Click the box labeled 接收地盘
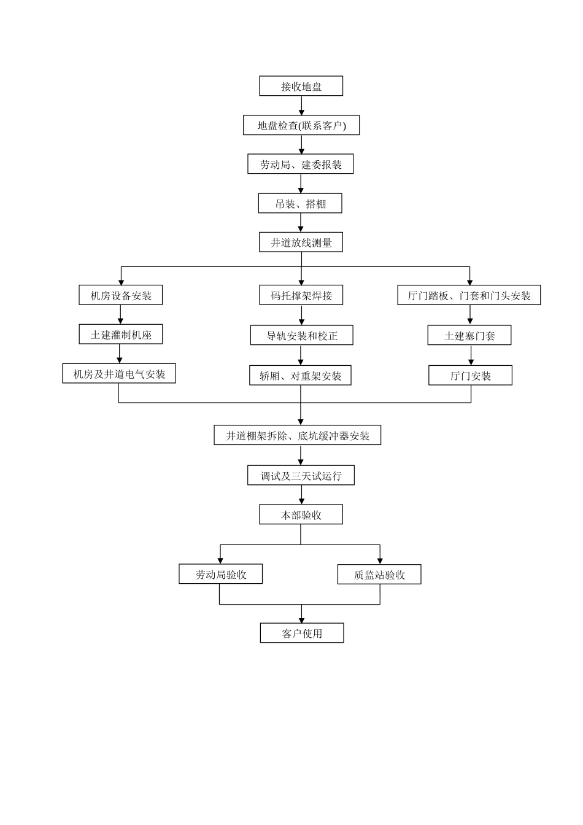pos(301,86)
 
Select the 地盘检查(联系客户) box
pos(301,125)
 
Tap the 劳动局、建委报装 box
pos(301,164)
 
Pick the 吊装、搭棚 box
pos(300,203)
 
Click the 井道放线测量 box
pos(301,242)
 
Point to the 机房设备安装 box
pos(121,295)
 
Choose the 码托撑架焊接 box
pos(301,295)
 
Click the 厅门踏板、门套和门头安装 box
pos(469,295)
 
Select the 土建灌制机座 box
pos(121,334)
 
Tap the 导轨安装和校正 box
pos(302,335)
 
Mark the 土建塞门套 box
pos(469,335)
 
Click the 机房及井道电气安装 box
pos(119,373)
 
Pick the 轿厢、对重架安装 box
pos(300,375)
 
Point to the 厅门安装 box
pos(470,375)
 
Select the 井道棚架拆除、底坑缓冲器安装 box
pos(298,435)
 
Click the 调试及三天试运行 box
pos(301,475)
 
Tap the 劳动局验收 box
pos(220,574)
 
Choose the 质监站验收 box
pos(379,574)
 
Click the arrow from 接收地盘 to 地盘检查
pos(301,106)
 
